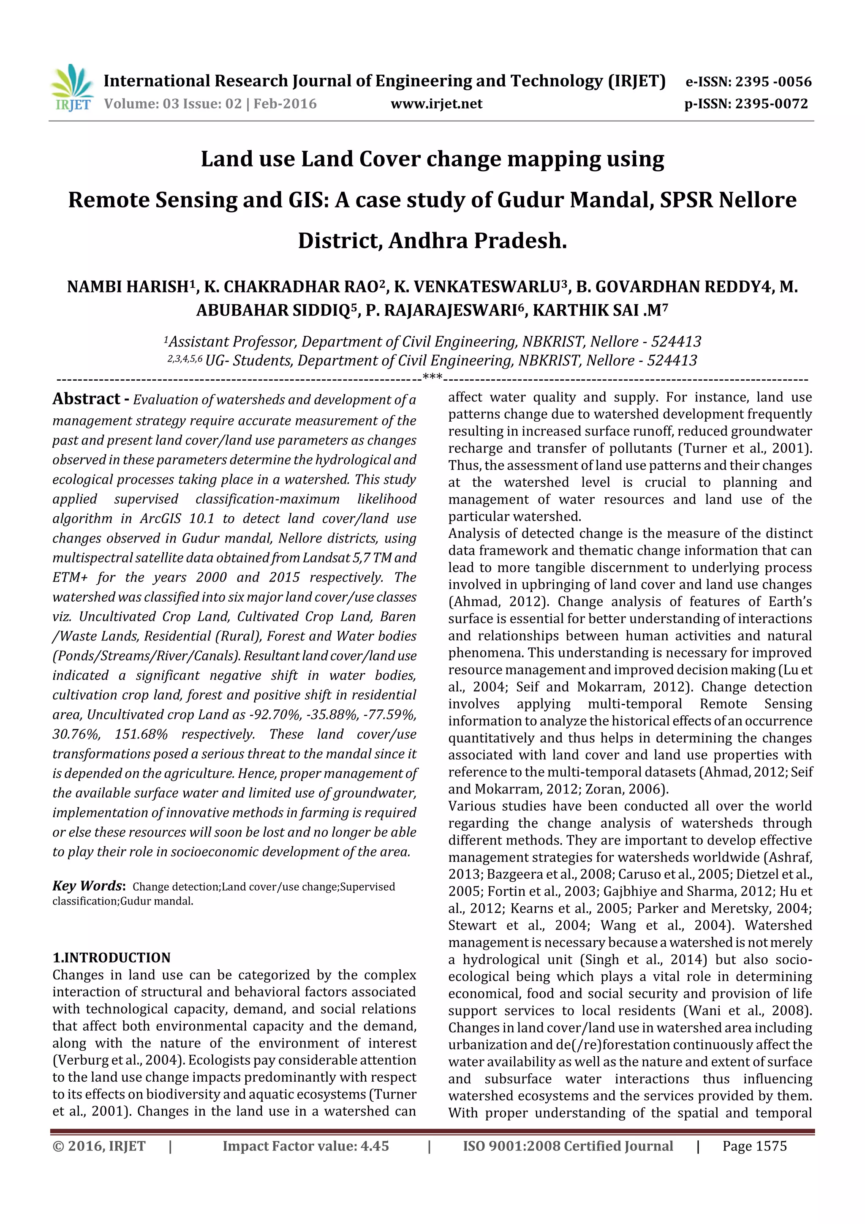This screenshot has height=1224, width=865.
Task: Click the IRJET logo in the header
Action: (x=72, y=88)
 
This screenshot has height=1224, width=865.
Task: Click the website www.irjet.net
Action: (x=436, y=104)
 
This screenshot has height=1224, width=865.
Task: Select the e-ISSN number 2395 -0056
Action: (x=773, y=82)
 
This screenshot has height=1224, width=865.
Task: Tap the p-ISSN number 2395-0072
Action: (x=771, y=104)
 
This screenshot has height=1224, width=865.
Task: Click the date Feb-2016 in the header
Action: (x=285, y=104)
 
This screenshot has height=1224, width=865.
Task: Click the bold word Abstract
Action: (x=86, y=399)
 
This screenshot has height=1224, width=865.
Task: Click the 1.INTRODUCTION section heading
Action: (x=112, y=957)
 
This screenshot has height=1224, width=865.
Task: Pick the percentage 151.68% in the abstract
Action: (x=141, y=735)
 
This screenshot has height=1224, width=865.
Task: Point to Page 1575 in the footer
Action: (x=754, y=1146)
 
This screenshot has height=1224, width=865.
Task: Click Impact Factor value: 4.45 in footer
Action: (x=305, y=1146)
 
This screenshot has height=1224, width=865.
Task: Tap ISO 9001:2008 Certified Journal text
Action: (x=568, y=1146)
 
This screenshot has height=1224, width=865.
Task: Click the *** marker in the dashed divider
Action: (x=432, y=377)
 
